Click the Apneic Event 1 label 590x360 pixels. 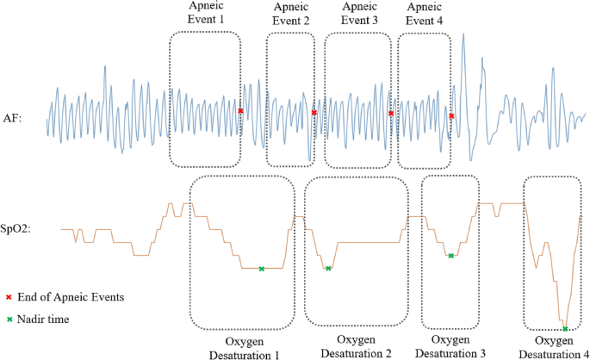coord(204,12)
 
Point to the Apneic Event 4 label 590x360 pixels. coord(423,12)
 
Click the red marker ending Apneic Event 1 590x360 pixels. coord(240,111)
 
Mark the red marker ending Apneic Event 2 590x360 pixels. coord(314,113)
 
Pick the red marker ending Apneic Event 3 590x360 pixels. coord(391,113)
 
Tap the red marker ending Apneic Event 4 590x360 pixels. coord(451,115)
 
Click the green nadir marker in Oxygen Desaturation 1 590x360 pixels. coord(262,269)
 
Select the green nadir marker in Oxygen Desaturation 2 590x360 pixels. coord(328,269)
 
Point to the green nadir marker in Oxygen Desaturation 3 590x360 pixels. coord(450,255)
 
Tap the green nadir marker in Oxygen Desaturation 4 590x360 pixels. coord(565,329)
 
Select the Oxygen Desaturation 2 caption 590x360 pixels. coord(357,346)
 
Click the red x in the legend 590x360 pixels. coord(9,297)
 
